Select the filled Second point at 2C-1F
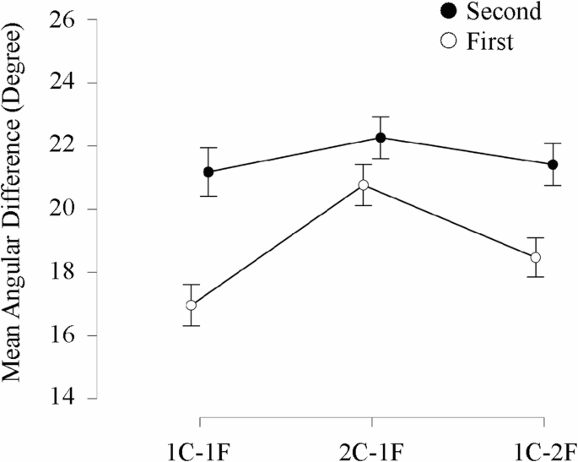pos(381,138)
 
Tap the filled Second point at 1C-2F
pos(553,164)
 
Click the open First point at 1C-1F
pos(192,305)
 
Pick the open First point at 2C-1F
pos(364,185)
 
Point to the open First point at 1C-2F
pos(536,258)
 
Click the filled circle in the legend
pos(449,12)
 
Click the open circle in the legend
pos(449,41)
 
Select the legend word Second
pos(504,12)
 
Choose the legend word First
pos(489,41)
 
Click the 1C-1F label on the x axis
pos(200,447)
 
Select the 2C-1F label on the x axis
pos(371,447)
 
